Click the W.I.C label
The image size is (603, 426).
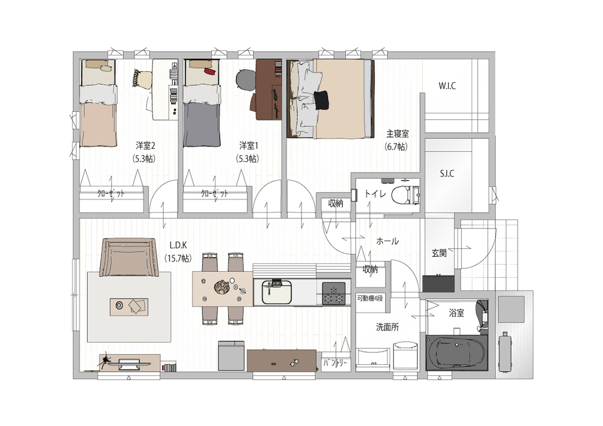pos(447,86)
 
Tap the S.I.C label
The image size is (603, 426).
pos(447,174)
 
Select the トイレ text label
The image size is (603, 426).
pos(375,194)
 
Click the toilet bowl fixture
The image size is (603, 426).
pos(405,195)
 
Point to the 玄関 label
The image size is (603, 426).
pos(439,253)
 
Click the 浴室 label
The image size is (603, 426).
pos(456,313)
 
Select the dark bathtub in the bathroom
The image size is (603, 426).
pos(456,352)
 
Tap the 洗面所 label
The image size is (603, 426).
pos(387,327)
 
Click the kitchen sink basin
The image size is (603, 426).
pos(277,292)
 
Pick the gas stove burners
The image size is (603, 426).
pos(334,294)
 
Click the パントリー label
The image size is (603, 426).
pos(335,362)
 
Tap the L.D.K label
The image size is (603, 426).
pos(178,245)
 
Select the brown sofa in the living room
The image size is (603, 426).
pos(129,257)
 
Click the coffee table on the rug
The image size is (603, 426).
pos(129,307)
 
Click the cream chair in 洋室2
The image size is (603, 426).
pos(142,79)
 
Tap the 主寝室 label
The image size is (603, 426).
pos(397,134)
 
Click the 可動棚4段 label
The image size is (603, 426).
pos(370,298)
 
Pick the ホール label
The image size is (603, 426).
pos(387,241)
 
